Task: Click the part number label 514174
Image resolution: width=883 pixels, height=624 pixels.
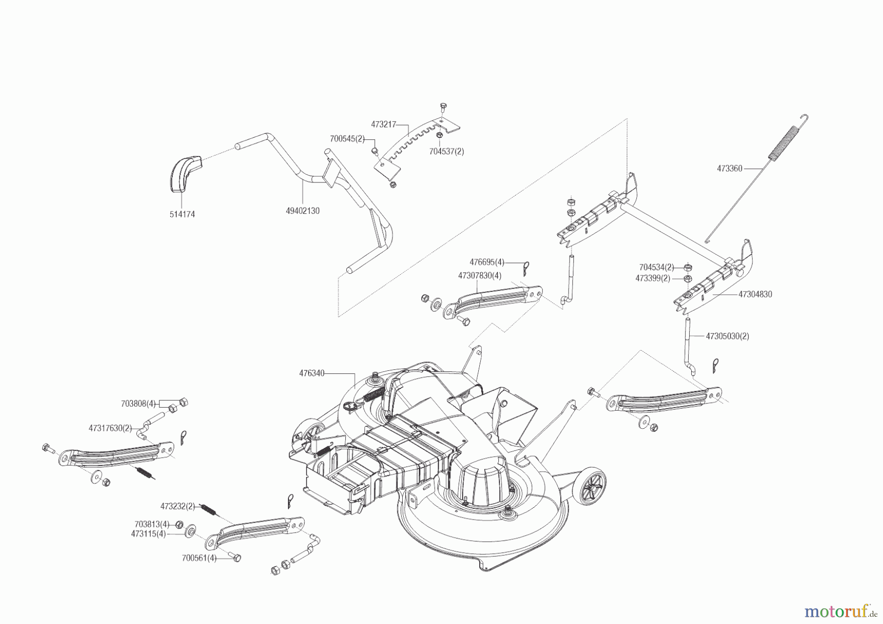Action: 182,214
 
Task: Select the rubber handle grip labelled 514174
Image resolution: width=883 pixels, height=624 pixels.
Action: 185,172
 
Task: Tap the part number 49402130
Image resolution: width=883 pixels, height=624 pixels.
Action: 302,210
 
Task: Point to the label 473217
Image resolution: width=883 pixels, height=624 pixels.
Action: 383,125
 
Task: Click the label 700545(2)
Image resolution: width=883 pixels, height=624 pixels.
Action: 347,139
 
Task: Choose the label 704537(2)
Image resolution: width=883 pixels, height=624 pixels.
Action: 446,152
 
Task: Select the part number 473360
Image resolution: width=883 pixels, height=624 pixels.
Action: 729,168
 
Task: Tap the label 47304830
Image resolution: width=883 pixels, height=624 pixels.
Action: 755,294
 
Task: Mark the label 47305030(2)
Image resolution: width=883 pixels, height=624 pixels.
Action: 727,336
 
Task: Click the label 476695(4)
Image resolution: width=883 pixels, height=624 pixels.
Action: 487,262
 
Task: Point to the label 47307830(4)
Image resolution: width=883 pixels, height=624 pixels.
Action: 479,276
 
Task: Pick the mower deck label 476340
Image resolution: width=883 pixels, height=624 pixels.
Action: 312,373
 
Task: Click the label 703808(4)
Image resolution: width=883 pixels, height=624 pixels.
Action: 138,404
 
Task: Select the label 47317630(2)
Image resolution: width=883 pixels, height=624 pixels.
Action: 110,428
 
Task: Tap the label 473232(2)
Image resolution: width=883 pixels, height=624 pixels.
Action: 178,506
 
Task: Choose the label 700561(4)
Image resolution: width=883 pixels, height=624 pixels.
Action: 199,558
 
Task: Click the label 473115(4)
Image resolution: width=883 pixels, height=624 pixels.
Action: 148,533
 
